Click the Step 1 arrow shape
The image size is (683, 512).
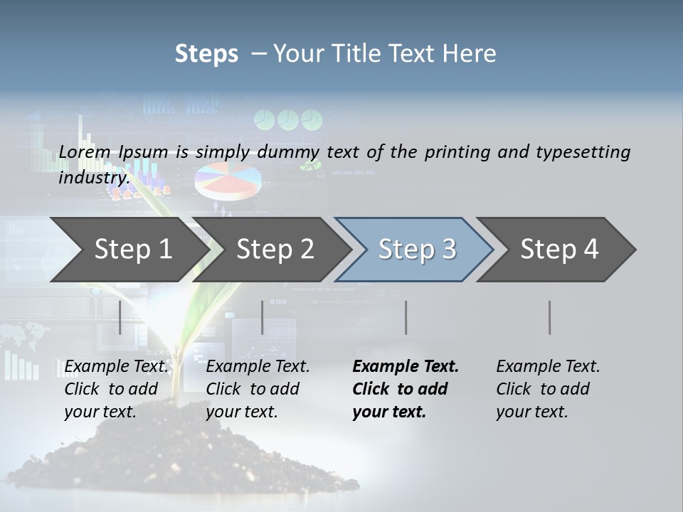pyautogui.click(x=128, y=250)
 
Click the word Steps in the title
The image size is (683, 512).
pyautogui.click(x=206, y=54)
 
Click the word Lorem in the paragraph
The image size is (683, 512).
pyautogui.click(x=83, y=152)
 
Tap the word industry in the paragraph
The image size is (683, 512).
pyautogui.click(x=93, y=178)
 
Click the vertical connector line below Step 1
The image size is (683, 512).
pyautogui.click(x=120, y=317)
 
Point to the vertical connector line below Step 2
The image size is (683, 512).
pyautogui.click(x=263, y=317)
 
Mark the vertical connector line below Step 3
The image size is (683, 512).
pyautogui.click(x=406, y=317)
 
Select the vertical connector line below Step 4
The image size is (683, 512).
pyautogui.click(x=550, y=317)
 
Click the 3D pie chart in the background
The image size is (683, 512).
pyautogui.click(x=227, y=179)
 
